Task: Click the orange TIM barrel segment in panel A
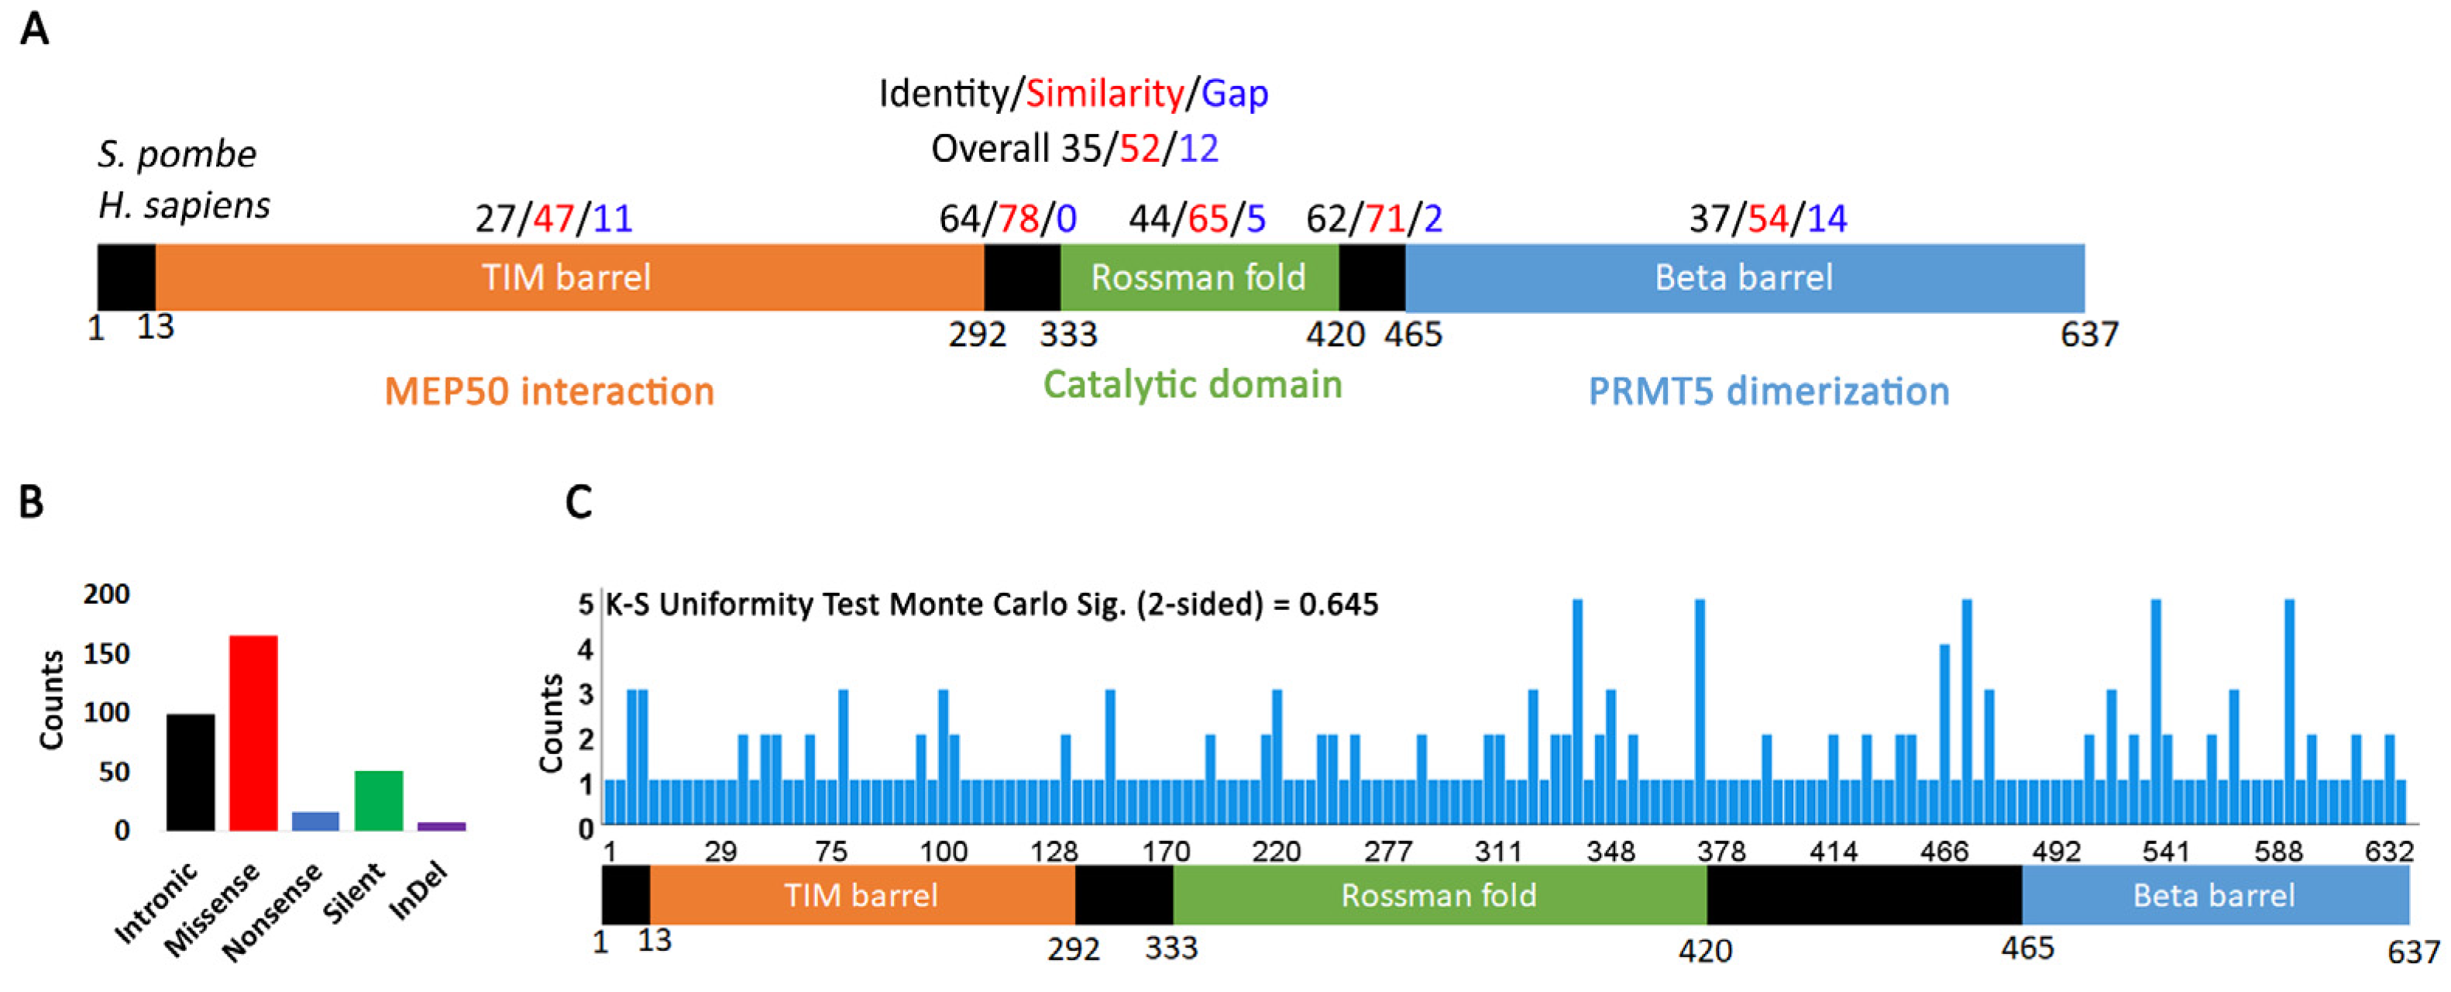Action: point(569,277)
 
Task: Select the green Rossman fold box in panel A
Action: point(1199,277)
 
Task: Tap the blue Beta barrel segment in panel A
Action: point(1744,277)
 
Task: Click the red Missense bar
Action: point(253,733)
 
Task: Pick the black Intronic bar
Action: point(191,772)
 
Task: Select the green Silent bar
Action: point(379,801)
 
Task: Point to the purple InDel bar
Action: point(442,826)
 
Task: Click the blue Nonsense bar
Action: point(315,821)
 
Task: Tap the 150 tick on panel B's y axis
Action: point(107,654)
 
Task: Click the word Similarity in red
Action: point(1105,93)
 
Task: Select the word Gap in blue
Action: point(1234,93)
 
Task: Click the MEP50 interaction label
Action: point(549,391)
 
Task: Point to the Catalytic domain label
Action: point(1192,384)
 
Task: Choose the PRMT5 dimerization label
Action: point(1769,391)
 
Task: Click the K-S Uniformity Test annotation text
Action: point(992,604)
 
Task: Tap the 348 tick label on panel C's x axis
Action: point(1610,851)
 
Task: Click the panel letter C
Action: point(579,501)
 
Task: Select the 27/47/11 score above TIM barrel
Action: point(554,219)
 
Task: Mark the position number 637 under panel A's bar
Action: point(2088,335)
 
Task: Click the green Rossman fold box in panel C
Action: point(1439,895)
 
